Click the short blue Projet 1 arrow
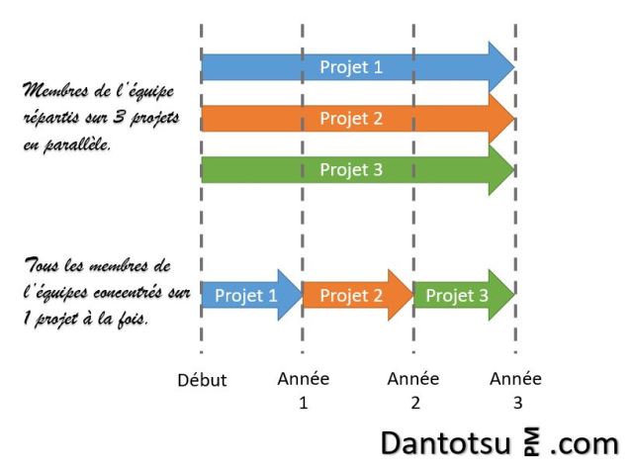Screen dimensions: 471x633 [x=247, y=295]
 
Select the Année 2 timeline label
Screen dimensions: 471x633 [x=413, y=390]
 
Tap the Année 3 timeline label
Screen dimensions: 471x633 [x=516, y=390]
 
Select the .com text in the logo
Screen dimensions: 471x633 [x=585, y=441]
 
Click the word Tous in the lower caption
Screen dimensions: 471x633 [x=40, y=265]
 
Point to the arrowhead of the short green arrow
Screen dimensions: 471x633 [x=504, y=295]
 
